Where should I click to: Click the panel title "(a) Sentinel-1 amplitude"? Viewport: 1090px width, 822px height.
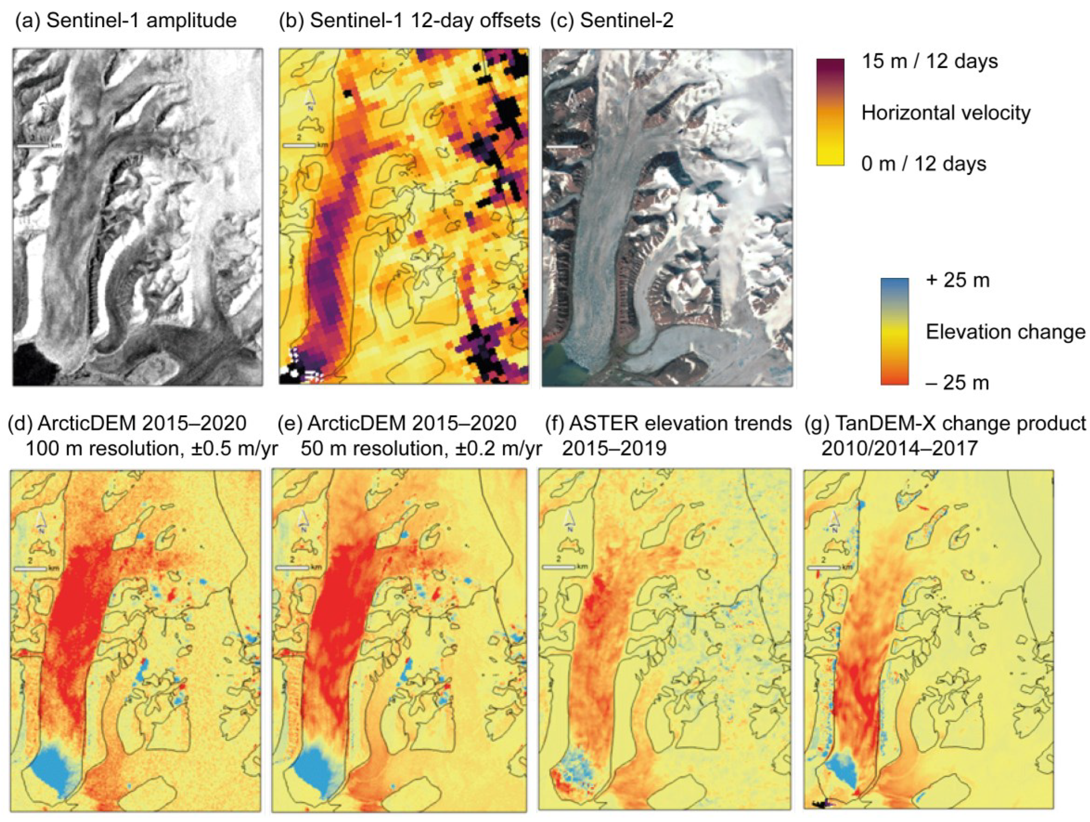coord(126,21)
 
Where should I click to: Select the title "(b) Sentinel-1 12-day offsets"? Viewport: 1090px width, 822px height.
coord(409,21)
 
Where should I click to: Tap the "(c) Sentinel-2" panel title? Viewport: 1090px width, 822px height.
coord(611,21)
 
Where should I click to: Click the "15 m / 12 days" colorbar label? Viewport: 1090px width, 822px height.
coord(929,62)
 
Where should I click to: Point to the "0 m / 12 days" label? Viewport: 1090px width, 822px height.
coord(923,164)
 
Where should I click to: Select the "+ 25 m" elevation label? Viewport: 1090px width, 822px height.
coord(957,280)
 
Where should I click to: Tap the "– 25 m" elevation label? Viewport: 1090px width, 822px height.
coord(957,382)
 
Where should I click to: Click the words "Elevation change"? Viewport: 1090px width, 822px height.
coord(1005,332)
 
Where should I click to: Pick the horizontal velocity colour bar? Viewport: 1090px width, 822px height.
coord(830,112)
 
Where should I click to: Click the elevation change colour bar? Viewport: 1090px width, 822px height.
coord(895,331)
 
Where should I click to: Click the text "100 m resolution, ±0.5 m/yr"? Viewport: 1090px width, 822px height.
coord(151,448)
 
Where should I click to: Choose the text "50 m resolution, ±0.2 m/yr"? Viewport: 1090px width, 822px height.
coord(421,448)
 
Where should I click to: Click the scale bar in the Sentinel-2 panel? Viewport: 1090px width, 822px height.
coord(562,147)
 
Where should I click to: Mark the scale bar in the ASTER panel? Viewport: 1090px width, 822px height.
coord(558,567)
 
